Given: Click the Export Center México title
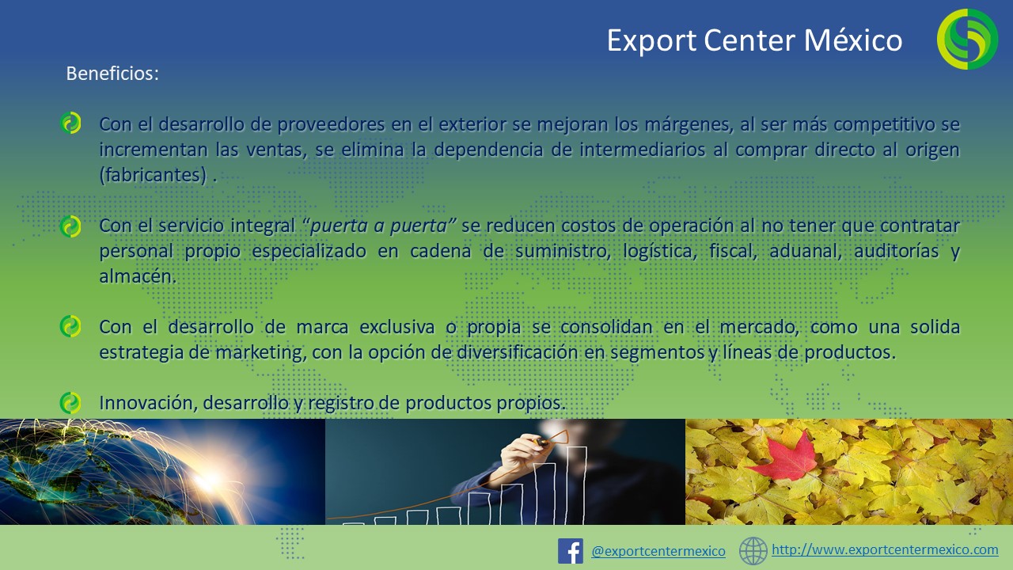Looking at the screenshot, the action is tap(754, 40).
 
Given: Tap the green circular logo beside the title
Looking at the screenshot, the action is tap(967, 39).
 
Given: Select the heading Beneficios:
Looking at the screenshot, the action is tap(112, 74).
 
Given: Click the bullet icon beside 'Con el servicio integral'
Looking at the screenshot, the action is tap(70, 226).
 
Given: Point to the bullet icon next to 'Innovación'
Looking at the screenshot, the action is tap(70, 403).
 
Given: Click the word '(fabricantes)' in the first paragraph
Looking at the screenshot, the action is tap(153, 175).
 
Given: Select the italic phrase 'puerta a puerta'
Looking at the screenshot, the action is tap(378, 226).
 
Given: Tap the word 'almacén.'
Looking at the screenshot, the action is tap(138, 276).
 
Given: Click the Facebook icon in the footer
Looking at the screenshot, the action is tap(571, 551).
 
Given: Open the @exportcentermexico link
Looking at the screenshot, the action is tap(658, 551).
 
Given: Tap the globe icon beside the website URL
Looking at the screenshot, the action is tap(753, 551).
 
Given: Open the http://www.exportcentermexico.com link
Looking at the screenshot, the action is tap(885, 549).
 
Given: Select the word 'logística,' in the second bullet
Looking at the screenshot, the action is tap(660, 251).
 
